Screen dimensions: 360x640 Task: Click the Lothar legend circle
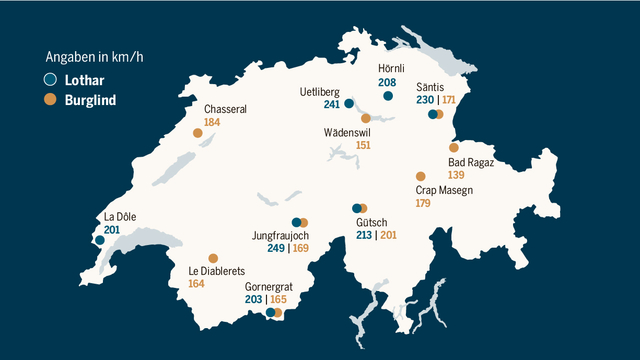pos(50,80)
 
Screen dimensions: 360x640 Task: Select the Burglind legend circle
pos(50,99)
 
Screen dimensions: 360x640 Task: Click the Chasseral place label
pos(225,109)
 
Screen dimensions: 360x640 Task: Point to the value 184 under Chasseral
pos(211,122)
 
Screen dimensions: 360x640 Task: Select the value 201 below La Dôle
pos(112,230)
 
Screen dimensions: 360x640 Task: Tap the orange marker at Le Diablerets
pos(212,257)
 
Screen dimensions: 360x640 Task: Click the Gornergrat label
pos(270,287)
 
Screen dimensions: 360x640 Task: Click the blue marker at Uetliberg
pos(349,103)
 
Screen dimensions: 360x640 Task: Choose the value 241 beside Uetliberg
pos(332,105)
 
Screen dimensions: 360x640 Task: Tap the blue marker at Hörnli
pos(388,96)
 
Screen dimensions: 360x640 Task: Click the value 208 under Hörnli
pos(388,82)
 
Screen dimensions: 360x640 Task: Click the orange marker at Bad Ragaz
pos(454,148)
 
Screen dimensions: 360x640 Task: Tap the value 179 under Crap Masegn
pos(423,203)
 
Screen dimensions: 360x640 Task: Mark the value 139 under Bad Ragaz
pos(457,175)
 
